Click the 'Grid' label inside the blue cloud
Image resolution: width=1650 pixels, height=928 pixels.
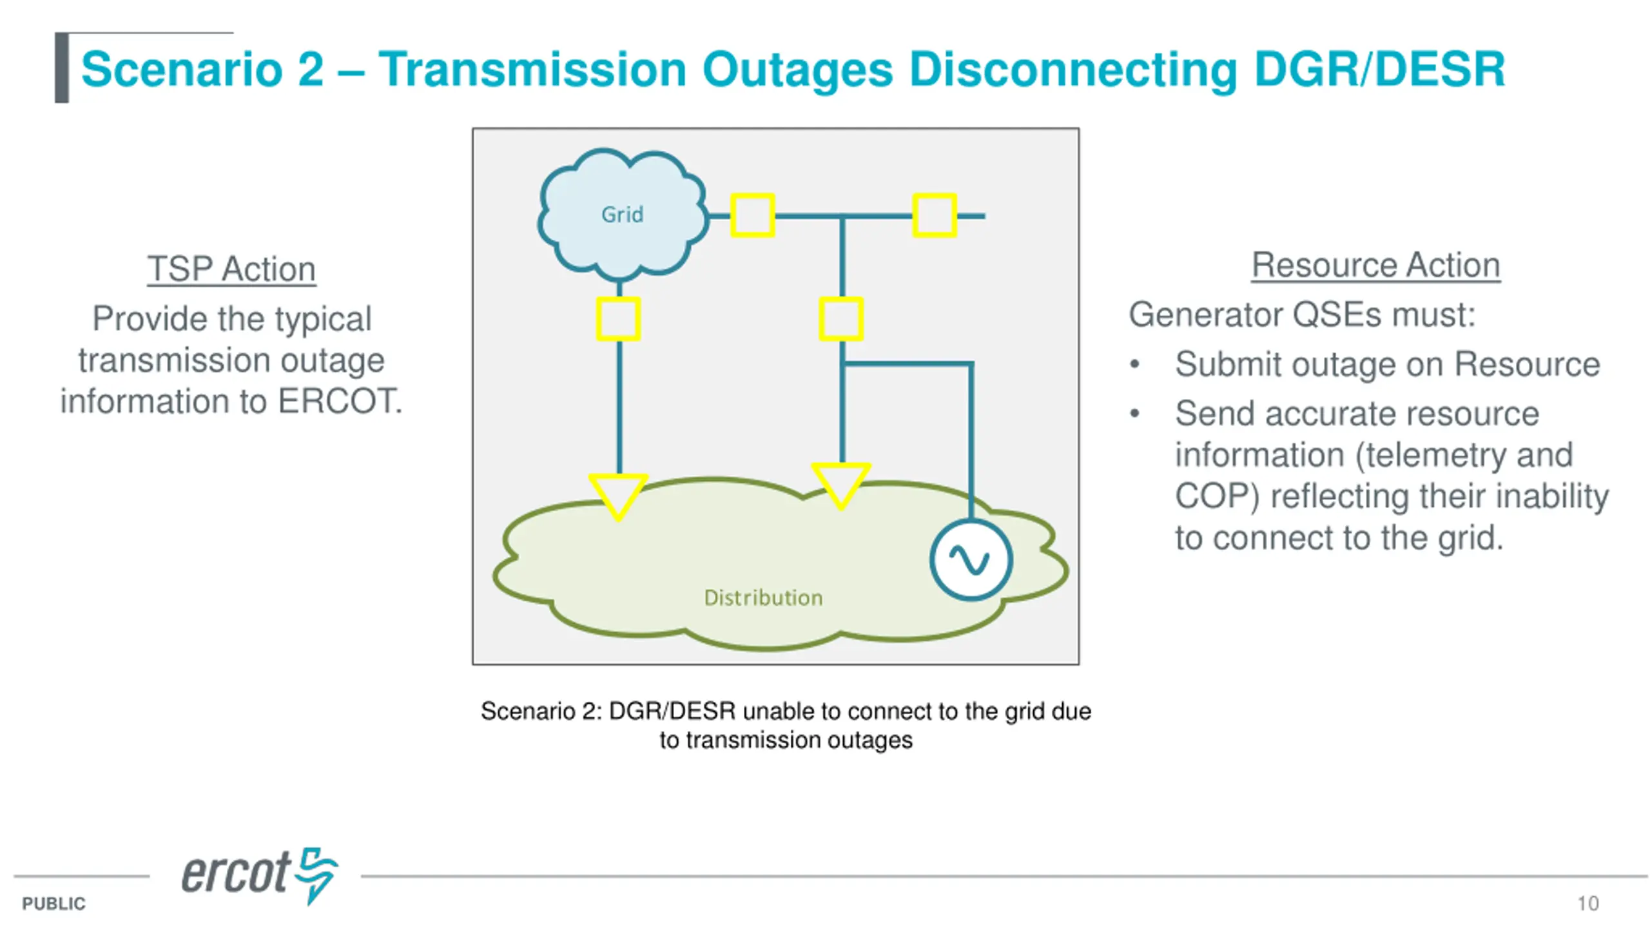[x=622, y=214]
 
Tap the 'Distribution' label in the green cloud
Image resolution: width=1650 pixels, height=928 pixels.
[x=763, y=597]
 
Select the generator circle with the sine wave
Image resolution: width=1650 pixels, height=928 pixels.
[x=971, y=560]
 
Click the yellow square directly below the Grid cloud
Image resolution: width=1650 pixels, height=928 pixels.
[x=618, y=319]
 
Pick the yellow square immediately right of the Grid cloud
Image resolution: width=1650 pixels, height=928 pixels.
[x=752, y=215]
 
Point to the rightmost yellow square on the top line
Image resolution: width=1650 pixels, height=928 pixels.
[x=935, y=215]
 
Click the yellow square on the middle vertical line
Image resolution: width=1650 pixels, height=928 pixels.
[x=841, y=319]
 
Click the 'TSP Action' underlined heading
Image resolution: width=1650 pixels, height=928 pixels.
[x=231, y=269]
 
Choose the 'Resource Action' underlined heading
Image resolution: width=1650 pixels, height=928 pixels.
[x=1375, y=265]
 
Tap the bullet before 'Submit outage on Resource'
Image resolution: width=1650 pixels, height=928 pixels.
[x=1135, y=365]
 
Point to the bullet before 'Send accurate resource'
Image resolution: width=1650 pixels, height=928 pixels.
[x=1135, y=414]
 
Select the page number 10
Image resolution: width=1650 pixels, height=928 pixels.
[x=1588, y=904]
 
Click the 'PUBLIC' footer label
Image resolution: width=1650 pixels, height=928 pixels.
[x=53, y=904]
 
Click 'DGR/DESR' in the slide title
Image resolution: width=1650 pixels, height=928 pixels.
[x=1379, y=69]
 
